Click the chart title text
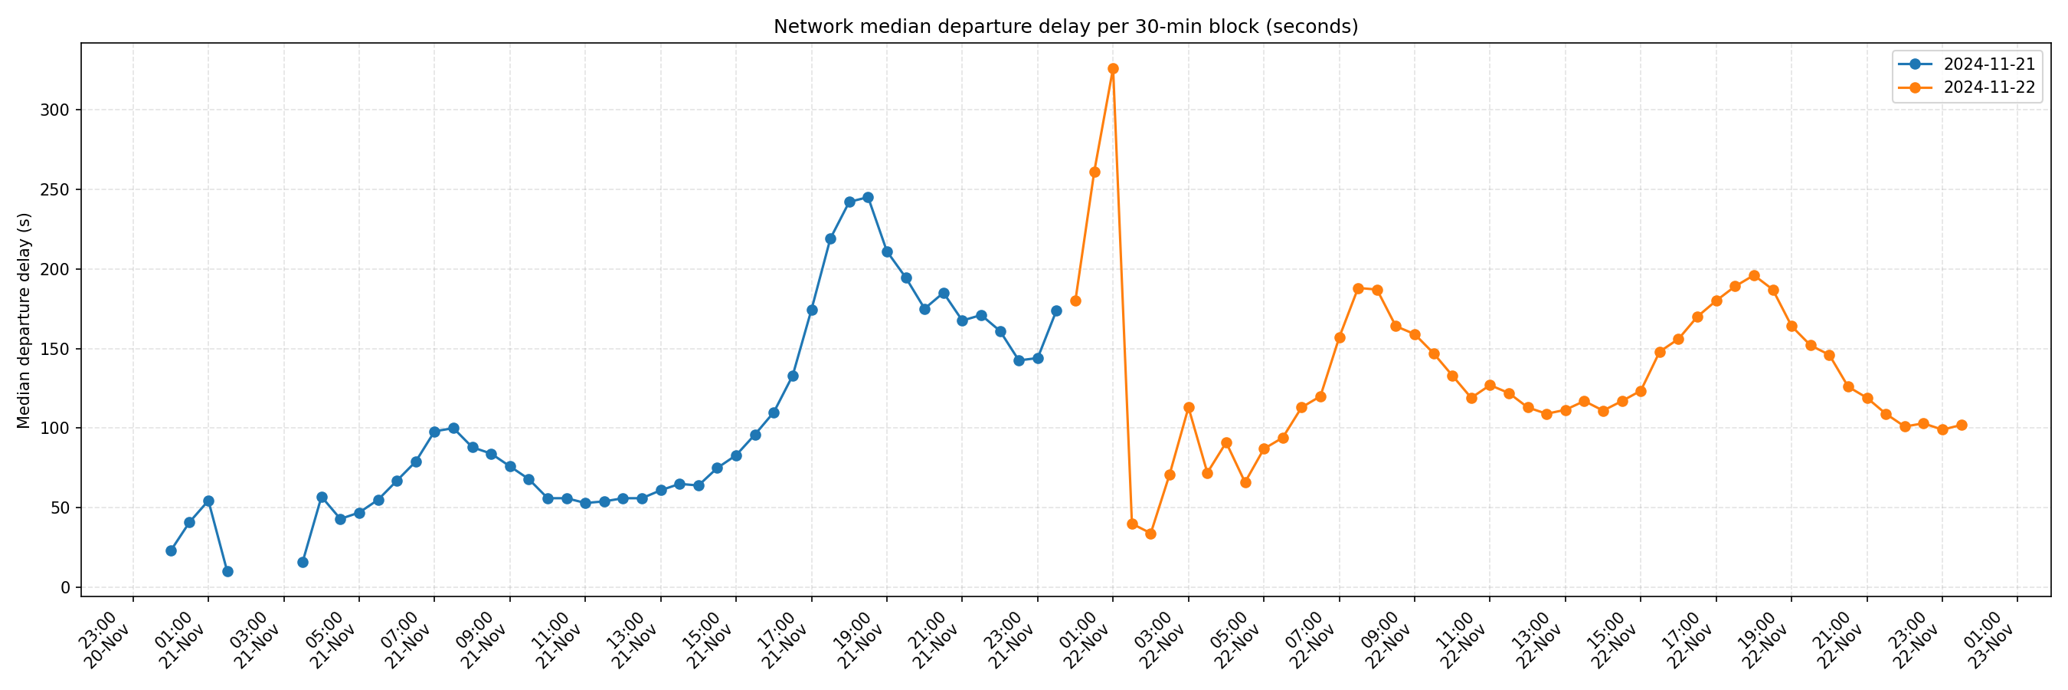1065,27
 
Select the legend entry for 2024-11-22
1988,87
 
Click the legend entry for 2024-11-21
1988,64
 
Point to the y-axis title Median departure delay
24,320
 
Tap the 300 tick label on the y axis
55,110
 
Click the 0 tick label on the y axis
65,588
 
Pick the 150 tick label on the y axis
55,350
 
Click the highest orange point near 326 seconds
1113,69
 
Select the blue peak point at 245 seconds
868,198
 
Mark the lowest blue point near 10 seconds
227,572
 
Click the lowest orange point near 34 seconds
1150,534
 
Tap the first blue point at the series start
171,551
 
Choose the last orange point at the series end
1962,426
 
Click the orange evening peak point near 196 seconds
1754,275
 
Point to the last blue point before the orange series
1056,310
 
